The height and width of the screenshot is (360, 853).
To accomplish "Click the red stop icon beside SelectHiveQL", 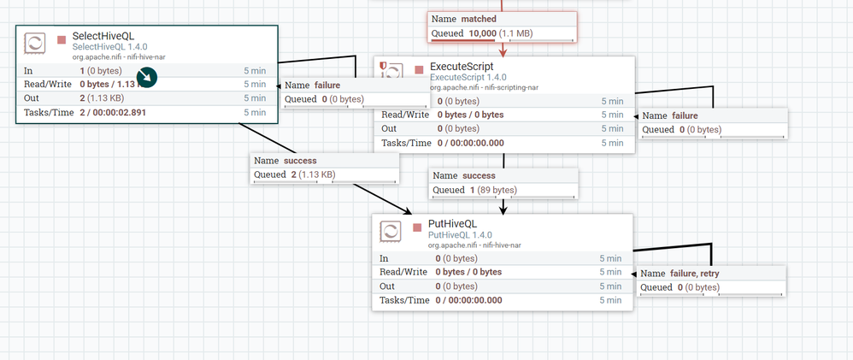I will (62, 39).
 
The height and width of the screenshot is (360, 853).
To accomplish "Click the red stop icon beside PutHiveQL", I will (417, 227).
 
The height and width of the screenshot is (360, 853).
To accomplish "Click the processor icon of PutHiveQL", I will (391, 231).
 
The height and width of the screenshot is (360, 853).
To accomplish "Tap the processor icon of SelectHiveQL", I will (35, 44).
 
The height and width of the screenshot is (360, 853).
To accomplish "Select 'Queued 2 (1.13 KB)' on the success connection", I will (295, 175).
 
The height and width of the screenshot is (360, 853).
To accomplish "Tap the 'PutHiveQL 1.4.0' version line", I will (460, 235).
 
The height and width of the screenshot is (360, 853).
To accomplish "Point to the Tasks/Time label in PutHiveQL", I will (403, 300).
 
